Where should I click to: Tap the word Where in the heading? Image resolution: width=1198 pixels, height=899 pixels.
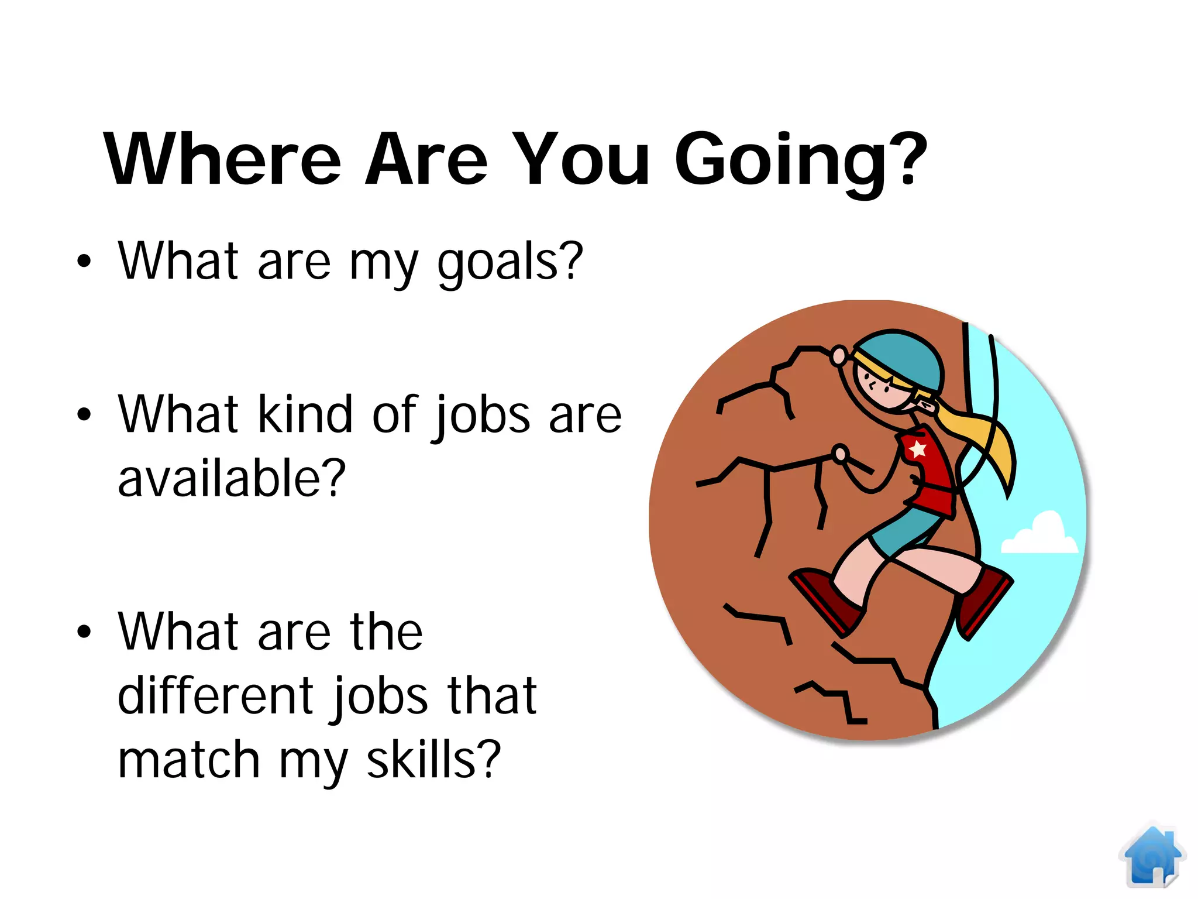222,159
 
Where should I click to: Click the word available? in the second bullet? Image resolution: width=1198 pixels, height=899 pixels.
232,478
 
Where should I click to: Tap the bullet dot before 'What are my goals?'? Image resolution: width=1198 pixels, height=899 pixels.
84,261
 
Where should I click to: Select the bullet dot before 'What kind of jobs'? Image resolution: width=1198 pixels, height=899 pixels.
84,414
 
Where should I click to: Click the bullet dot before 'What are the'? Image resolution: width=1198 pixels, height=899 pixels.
84,632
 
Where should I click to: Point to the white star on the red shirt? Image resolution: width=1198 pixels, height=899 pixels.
917,449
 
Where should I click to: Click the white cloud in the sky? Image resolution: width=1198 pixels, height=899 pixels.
1039,535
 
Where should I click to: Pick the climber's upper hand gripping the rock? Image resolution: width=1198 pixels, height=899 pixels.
839,355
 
